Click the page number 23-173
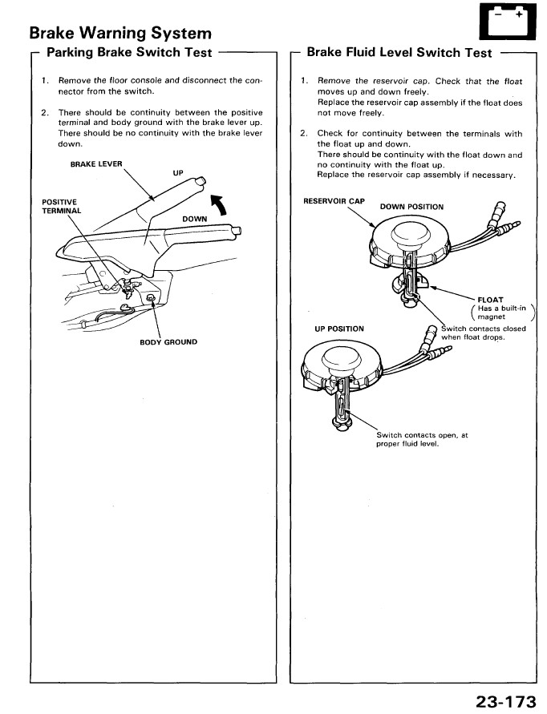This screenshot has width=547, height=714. pos(504,702)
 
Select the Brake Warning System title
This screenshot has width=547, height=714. pos(120,33)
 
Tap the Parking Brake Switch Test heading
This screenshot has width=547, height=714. pos(129,52)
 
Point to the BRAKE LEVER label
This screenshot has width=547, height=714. pos(96,163)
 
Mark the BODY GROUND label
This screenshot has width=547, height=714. pos(168,342)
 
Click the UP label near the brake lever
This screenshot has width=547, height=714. pos(177,172)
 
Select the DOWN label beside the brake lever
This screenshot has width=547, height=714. pos(194,218)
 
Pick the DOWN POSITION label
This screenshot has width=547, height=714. pos(411,207)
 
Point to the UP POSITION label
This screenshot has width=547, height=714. pos(339,329)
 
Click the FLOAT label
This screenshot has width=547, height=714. pos(489,301)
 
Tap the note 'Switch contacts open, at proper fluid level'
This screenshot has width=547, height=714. pos(422,439)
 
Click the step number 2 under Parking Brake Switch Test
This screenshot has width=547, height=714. pos(45,112)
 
